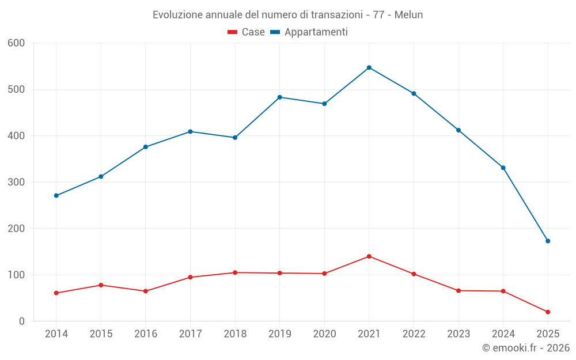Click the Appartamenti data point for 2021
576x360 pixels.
369,67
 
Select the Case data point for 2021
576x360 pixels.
369,256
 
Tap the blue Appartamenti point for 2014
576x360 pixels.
56,195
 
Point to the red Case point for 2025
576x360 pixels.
548,312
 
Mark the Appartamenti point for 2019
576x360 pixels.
280,97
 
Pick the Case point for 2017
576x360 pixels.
190,277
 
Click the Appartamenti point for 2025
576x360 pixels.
548,241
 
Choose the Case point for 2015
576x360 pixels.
101,285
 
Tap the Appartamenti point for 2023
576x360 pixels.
458,130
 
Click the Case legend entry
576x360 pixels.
246,32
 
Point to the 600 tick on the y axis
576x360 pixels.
17,43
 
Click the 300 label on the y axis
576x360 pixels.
17,183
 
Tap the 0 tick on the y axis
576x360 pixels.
22,321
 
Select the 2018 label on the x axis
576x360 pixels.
235,334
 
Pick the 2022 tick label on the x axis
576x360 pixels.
414,334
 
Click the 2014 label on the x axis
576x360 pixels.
56,334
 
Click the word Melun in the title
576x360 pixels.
408,15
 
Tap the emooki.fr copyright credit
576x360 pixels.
526,348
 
